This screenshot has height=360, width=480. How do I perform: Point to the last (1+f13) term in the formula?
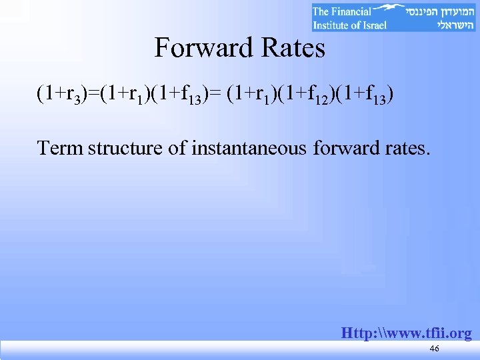[x=365, y=95]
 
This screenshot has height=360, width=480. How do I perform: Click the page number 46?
[x=434, y=349]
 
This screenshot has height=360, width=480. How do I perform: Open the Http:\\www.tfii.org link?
[x=406, y=333]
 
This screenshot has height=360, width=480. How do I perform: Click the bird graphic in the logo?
[x=392, y=9]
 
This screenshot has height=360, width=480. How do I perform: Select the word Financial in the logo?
[x=351, y=11]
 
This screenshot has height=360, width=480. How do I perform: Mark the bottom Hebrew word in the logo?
[x=451, y=25]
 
